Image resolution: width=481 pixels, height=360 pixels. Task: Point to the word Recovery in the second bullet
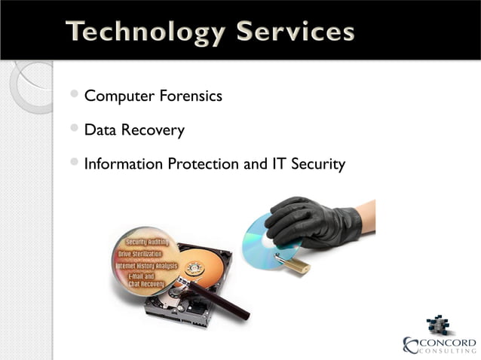click(x=155, y=130)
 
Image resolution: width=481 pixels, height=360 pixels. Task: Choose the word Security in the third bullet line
click(x=317, y=163)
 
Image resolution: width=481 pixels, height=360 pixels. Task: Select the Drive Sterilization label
click(x=146, y=255)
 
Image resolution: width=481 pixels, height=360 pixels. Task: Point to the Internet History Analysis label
click(x=146, y=266)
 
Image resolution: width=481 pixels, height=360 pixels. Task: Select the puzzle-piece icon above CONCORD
click(x=438, y=325)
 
